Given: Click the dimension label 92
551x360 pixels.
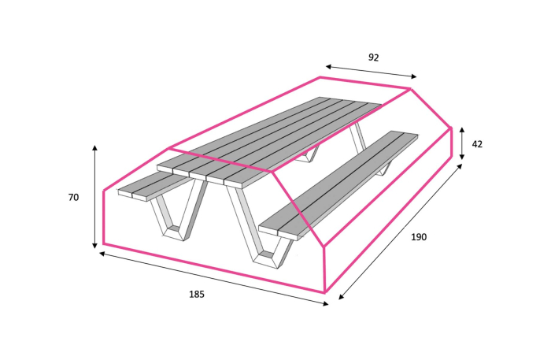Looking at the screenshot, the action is click(374, 58).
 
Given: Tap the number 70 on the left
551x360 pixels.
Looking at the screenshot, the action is click(73, 198).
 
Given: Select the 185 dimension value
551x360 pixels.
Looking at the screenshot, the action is click(197, 294).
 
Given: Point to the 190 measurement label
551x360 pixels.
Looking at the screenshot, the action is click(419, 237).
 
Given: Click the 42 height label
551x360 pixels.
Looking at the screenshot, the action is click(477, 144).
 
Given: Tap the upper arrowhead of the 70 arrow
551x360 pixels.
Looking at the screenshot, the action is click(95, 147).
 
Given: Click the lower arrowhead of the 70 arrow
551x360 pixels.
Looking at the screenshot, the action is click(94, 246).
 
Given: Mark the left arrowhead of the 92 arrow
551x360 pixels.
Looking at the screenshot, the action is click(328, 66).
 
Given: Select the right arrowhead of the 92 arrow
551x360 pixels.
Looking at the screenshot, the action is click(413, 76).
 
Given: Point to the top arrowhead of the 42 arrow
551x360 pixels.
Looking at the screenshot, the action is click(462, 130).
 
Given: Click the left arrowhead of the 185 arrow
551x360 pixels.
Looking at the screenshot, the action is click(102, 253).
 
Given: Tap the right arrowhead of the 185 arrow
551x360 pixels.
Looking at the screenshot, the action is click(325, 304).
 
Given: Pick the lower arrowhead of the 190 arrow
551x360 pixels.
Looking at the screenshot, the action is click(341, 297).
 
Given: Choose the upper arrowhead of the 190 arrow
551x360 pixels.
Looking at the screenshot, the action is click(460, 166).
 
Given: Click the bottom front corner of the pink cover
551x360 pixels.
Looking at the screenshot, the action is click(325, 291).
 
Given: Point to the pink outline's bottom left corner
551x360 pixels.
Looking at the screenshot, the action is click(104, 243).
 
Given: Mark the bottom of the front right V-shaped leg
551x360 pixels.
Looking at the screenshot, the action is click(265, 261).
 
